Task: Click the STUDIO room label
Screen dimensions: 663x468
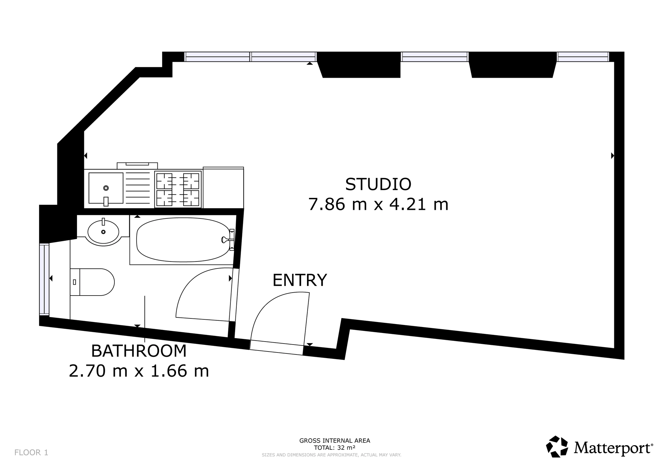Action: (378, 184)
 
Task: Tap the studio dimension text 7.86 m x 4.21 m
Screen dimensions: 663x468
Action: (378, 204)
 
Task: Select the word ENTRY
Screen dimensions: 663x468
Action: (300, 280)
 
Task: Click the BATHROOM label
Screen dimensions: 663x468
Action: (139, 351)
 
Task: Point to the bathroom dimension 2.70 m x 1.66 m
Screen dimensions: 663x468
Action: (139, 371)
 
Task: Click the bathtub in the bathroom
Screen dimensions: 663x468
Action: (183, 240)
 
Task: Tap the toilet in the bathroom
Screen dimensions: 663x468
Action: (92, 282)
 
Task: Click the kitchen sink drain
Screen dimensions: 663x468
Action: (106, 188)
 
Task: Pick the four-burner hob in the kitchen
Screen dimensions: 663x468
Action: (178, 189)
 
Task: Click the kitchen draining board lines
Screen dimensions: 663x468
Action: (138, 188)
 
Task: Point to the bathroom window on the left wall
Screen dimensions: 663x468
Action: (44, 279)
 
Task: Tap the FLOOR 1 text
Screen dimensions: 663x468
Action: (31, 452)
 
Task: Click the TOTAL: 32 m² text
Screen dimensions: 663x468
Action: (335, 448)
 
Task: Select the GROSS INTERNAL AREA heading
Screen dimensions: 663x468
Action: (335, 441)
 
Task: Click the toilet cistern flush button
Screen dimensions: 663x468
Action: (74, 282)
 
